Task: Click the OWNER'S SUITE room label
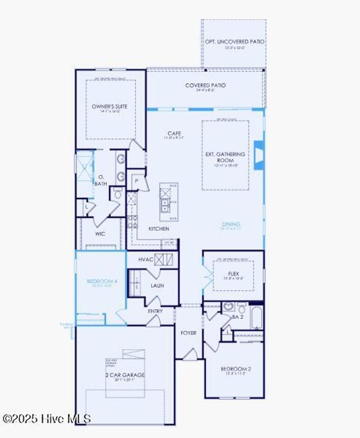[110, 107]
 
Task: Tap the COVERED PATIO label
[205, 86]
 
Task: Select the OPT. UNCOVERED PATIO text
[234, 42]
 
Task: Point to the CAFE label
[174, 133]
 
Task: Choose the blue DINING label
[231, 224]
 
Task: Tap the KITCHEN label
[159, 229]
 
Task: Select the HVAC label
[146, 259]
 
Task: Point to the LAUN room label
[157, 285]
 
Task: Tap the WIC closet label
[100, 234]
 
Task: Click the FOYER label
[189, 332]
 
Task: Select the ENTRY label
[155, 311]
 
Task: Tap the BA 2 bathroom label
[238, 317]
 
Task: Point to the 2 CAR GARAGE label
[125, 375]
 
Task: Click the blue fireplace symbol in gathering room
[258, 156]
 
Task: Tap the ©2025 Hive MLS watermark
[47, 419]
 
